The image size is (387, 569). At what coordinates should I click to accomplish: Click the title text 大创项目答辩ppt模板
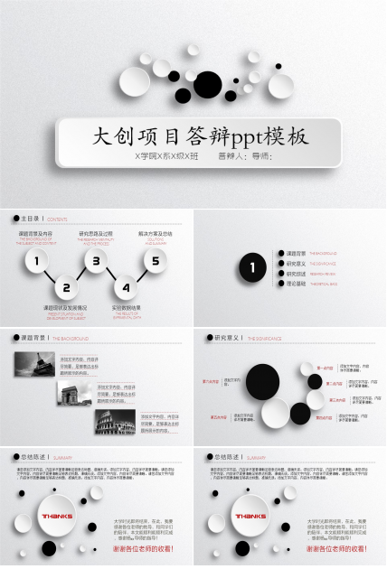(x=202, y=137)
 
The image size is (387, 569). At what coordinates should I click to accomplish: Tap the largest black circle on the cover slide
(x=207, y=82)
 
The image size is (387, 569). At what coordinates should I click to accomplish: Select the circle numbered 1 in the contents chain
(x=36, y=263)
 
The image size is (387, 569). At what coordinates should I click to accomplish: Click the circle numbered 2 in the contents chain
(x=66, y=289)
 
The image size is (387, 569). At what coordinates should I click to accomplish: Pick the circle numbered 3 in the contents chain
(x=96, y=263)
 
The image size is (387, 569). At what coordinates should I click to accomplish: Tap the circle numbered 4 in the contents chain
(x=126, y=289)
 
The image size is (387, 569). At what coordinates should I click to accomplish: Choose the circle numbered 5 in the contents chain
(x=156, y=263)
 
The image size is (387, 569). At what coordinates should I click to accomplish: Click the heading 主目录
(x=31, y=219)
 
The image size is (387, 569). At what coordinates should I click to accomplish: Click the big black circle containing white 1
(x=252, y=268)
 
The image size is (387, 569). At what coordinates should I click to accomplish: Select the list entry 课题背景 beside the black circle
(x=295, y=253)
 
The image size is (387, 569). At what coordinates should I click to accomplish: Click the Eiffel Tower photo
(x=35, y=364)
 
